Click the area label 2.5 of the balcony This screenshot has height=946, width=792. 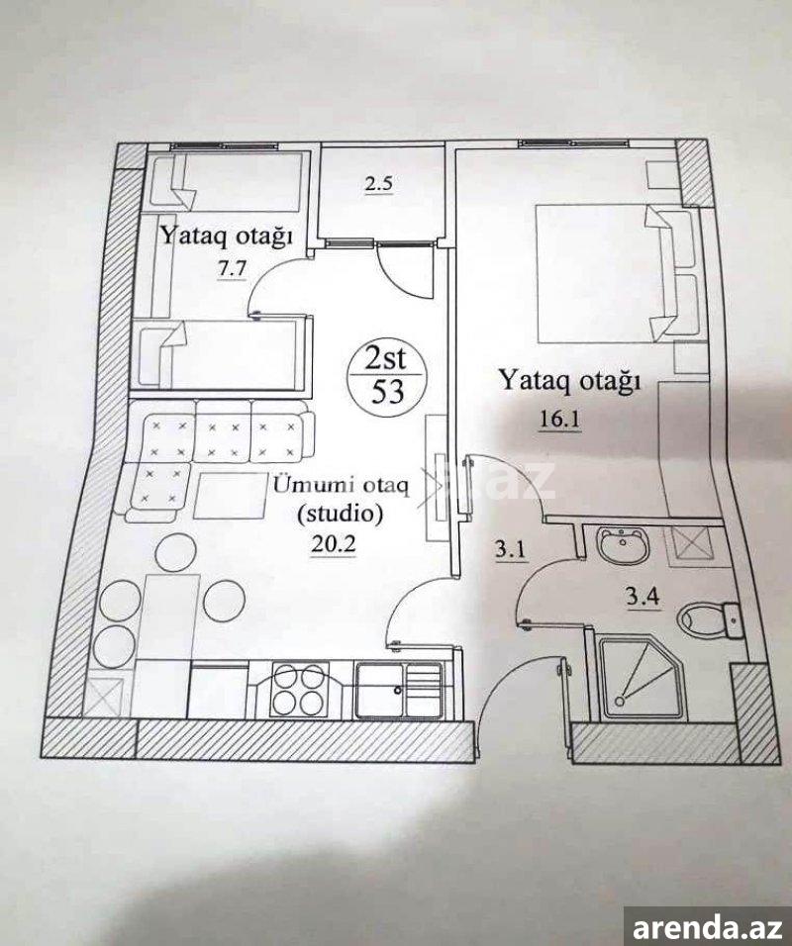(x=378, y=183)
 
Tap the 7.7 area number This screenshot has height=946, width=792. (x=233, y=269)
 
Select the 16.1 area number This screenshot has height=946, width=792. (x=559, y=419)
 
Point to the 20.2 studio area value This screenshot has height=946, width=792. (x=333, y=545)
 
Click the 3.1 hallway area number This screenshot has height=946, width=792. (x=511, y=550)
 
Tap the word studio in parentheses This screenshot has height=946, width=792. (x=342, y=514)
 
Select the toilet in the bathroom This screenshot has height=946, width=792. (x=708, y=620)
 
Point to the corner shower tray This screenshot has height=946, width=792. (x=643, y=678)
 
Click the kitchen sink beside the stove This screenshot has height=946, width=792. (x=399, y=691)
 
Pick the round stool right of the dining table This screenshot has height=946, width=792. (x=225, y=601)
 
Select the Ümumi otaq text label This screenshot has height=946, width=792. (x=342, y=485)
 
